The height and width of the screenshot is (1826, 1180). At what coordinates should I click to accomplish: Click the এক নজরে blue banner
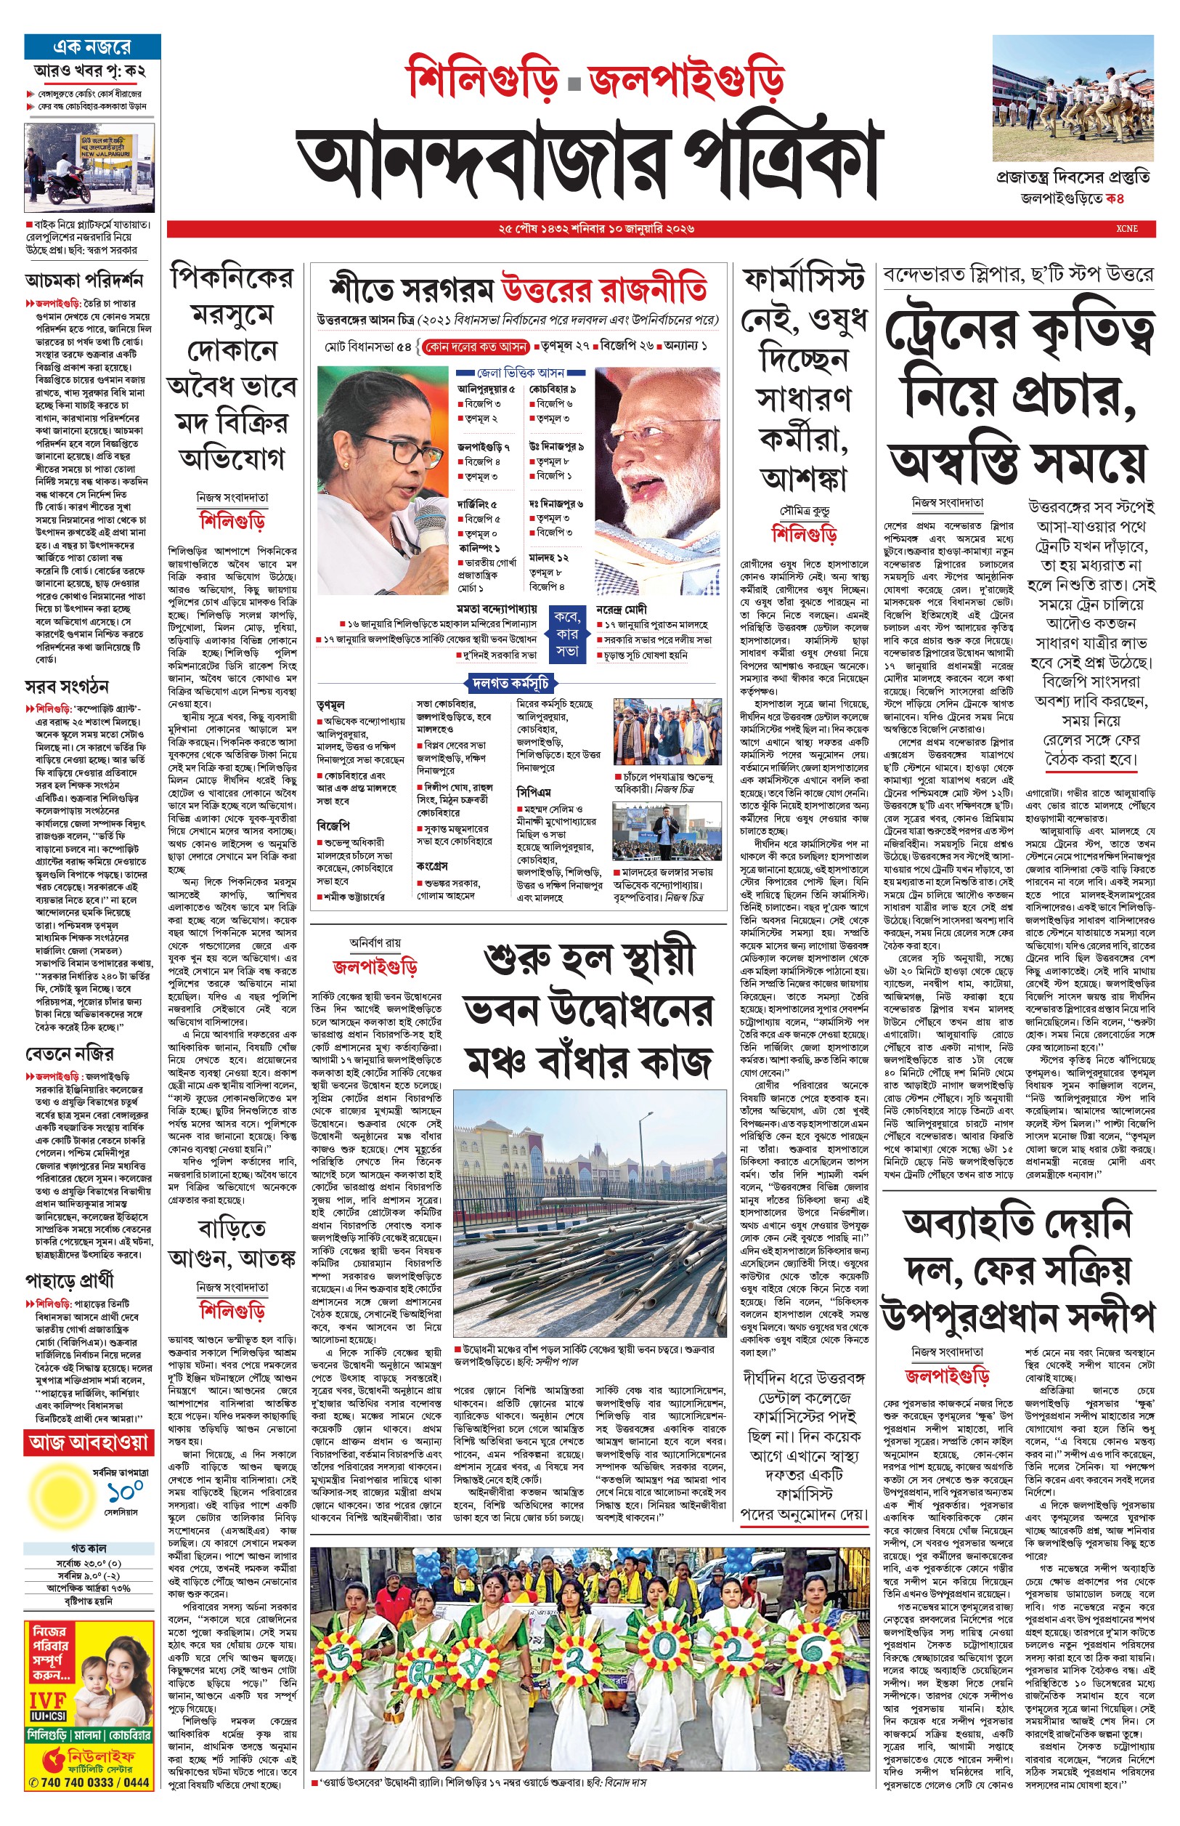(x=92, y=47)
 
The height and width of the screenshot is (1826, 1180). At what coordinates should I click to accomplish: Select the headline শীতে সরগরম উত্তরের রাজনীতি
(x=518, y=290)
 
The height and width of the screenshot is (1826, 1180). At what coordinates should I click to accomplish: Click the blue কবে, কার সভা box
(x=567, y=634)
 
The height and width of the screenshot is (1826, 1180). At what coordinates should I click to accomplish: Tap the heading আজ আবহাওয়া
(x=89, y=1442)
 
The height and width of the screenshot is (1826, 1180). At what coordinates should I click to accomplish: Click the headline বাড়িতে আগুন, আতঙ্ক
(x=232, y=1243)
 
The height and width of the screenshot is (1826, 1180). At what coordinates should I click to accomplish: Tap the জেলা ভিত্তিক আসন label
(x=520, y=373)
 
